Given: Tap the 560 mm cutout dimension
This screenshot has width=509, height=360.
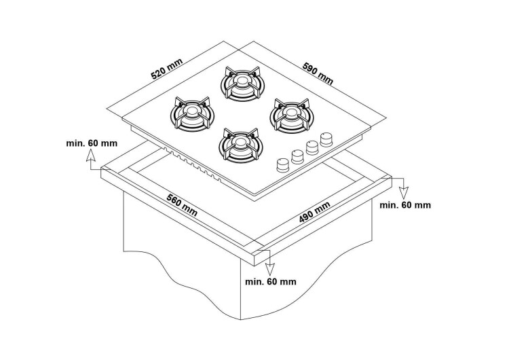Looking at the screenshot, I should pyautogui.click(x=181, y=205).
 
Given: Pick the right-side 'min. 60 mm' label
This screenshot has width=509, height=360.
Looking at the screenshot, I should pyautogui.click(x=405, y=204).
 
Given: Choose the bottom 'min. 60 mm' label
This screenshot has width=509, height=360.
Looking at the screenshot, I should pyautogui.click(x=271, y=281).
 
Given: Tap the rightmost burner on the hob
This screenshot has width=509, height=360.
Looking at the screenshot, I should pyautogui.click(x=289, y=113).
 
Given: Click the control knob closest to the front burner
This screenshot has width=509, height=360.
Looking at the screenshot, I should pyautogui.click(x=281, y=165).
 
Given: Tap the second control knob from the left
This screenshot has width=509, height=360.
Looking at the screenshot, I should pyautogui.click(x=297, y=156).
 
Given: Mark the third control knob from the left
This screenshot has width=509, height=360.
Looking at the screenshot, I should pyautogui.click(x=312, y=147).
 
